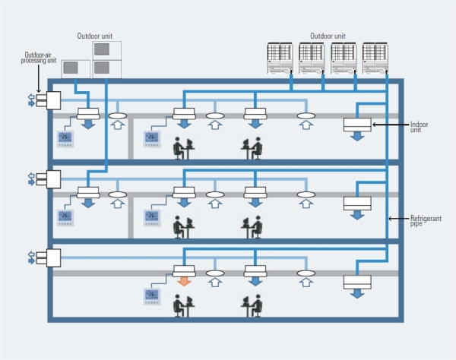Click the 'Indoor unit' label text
click(420, 128)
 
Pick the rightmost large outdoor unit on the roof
click(376, 57)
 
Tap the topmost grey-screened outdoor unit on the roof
click(107, 49)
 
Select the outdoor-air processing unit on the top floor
click(53, 100)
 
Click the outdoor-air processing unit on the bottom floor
click(53, 257)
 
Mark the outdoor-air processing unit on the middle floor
click(53, 179)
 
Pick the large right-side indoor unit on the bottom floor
click(357, 282)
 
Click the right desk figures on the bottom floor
click(252, 304)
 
